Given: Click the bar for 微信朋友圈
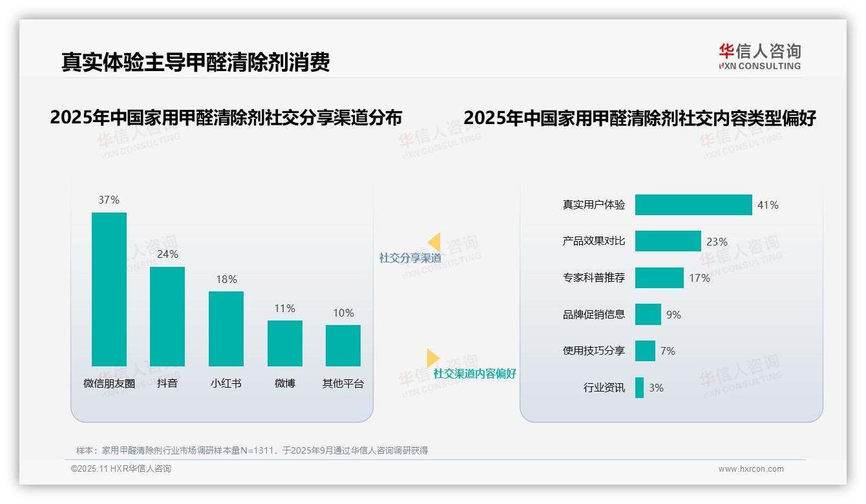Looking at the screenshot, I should [109, 289].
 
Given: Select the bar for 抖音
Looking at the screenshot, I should [167, 316].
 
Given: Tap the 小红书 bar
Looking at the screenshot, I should [226, 328].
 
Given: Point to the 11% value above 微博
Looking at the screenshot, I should [284, 309].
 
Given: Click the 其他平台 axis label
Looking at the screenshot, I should [343, 384].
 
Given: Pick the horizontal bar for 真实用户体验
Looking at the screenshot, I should [693, 205].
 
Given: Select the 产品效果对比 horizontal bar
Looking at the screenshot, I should [668, 241].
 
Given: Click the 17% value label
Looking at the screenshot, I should [699, 278].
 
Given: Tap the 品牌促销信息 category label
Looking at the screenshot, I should [593, 315].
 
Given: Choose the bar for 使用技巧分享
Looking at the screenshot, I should [645, 351].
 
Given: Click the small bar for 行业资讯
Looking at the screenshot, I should [639, 388].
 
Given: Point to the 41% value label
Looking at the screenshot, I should [768, 205].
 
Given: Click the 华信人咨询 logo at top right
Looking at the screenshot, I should [759, 56].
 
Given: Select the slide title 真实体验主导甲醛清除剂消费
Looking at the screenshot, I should [195, 62].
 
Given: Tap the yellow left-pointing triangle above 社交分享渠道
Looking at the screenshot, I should [434, 242].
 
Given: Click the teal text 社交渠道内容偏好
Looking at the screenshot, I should [474, 373].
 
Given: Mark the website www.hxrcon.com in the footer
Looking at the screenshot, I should [751, 469].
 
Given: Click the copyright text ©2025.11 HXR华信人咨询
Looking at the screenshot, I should [121, 469].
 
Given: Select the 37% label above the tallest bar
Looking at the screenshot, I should [109, 200].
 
